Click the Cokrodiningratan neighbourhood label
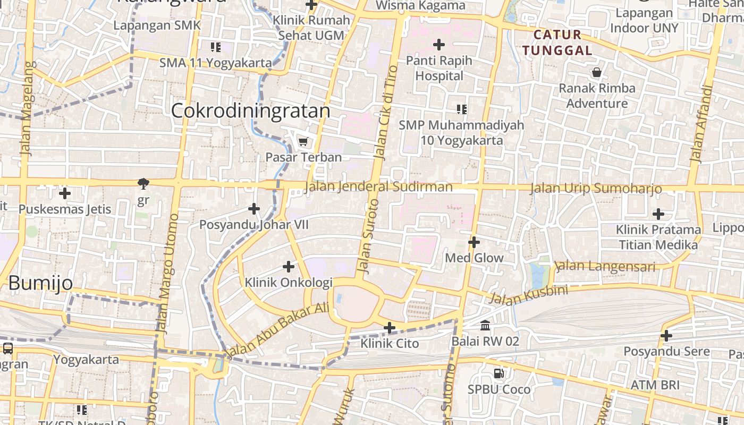coord(250,110)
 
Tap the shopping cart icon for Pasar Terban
coord(303,141)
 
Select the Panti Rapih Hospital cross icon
coord(439,44)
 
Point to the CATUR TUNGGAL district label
coord(557,42)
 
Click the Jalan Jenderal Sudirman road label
coord(379,187)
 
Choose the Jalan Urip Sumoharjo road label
coord(596,189)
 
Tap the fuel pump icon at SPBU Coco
coord(498,373)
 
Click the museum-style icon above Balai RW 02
coord(485,325)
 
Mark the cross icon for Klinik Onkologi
coord(289,266)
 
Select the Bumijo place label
coord(40,283)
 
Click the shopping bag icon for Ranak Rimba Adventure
coord(597,72)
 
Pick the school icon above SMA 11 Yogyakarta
coord(216,47)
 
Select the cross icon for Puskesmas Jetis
coord(65,193)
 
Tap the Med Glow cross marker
coord(474,243)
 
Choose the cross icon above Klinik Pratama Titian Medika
coord(658,214)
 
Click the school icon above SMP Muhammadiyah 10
coord(462,109)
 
